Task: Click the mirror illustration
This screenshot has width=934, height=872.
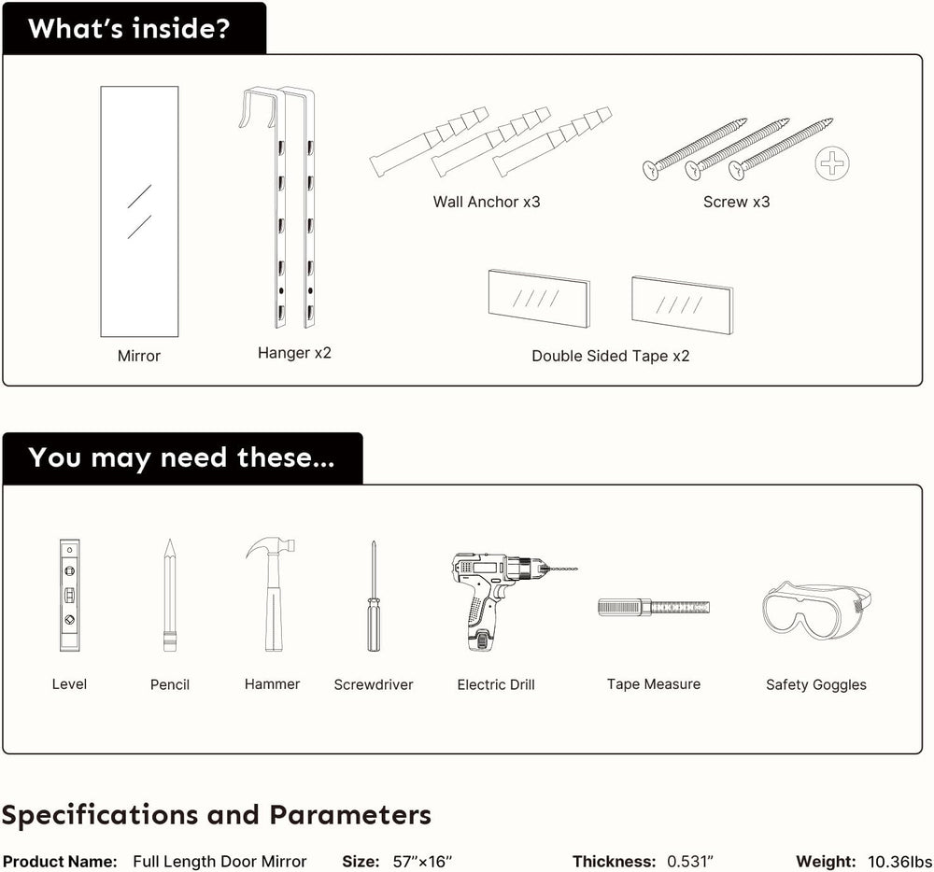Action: (139, 211)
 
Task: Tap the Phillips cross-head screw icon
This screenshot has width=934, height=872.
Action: (832, 163)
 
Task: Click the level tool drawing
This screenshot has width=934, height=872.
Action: (70, 595)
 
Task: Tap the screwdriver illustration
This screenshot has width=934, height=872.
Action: (374, 596)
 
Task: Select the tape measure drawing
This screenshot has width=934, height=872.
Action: (654, 607)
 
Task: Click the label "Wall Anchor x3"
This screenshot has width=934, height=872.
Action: (487, 202)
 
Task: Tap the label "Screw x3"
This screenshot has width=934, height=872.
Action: (736, 202)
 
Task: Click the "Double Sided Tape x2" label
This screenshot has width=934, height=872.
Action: (611, 356)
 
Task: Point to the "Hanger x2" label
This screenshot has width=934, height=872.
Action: (294, 353)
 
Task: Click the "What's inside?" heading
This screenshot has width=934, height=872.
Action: (129, 29)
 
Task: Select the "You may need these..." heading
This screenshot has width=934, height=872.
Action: (181, 457)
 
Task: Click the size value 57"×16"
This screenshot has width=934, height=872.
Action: (422, 862)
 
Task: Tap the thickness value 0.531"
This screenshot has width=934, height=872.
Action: (690, 862)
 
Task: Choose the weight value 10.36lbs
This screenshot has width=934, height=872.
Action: (900, 862)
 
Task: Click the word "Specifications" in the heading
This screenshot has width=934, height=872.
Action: (100, 815)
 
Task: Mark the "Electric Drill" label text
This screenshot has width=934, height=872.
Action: (496, 684)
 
